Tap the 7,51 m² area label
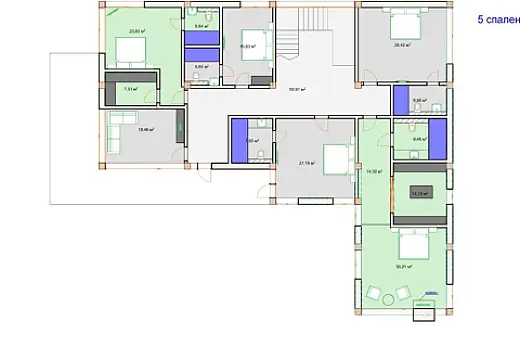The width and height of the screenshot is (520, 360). click(129, 89)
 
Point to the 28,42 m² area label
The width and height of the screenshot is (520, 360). click(402, 45)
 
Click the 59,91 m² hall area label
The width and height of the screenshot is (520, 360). click(296, 89)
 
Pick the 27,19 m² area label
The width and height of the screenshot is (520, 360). click(306, 162)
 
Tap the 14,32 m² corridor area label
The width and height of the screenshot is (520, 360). click(375, 172)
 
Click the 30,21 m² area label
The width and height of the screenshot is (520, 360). click(404, 266)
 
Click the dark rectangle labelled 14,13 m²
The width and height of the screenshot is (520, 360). click(420, 193)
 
